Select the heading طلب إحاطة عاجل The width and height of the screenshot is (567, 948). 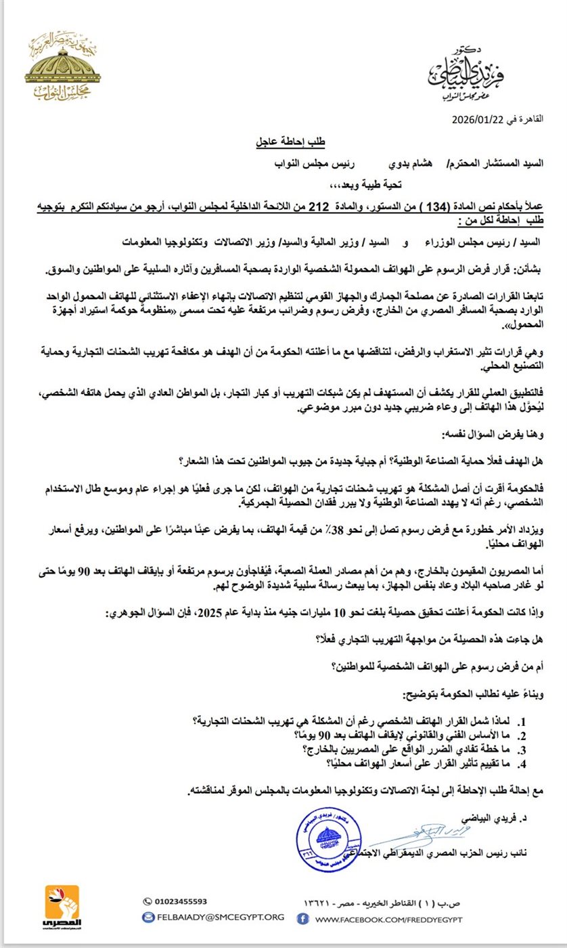pos(289,143)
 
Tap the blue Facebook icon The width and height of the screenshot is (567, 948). pos(304,918)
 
